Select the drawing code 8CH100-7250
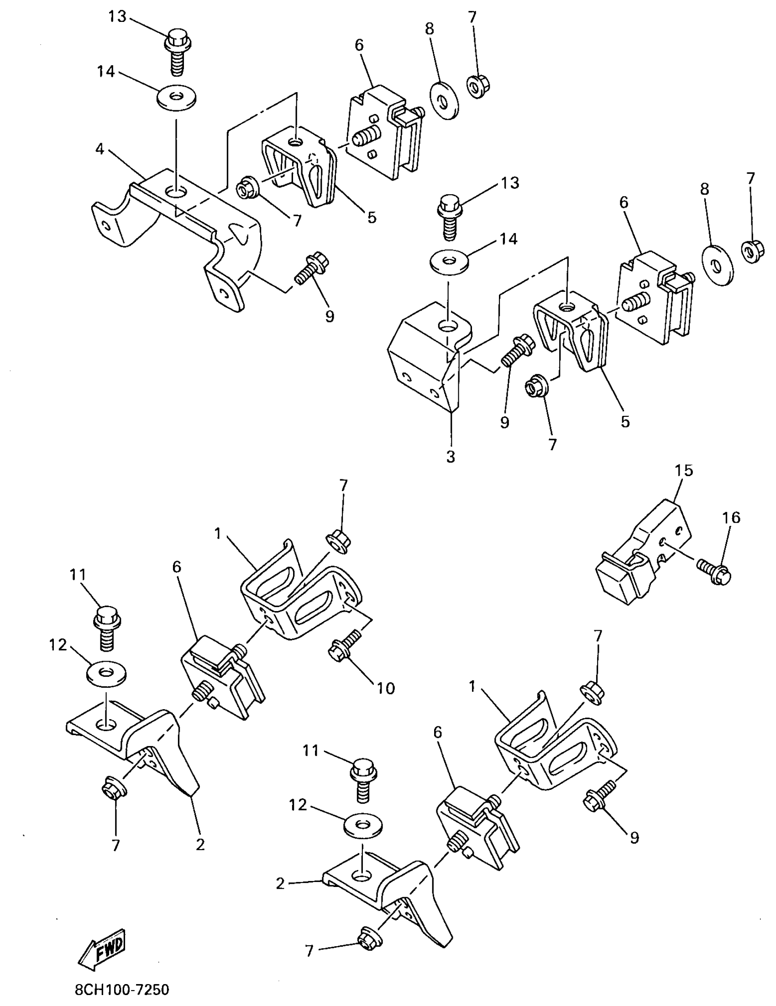click(122, 989)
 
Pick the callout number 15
click(684, 470)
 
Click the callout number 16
click(732, 518)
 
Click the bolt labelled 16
click(713, 570)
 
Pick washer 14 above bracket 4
click(176, 98)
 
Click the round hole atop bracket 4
click(176, 190)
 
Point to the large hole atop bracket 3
click(447, 326)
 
